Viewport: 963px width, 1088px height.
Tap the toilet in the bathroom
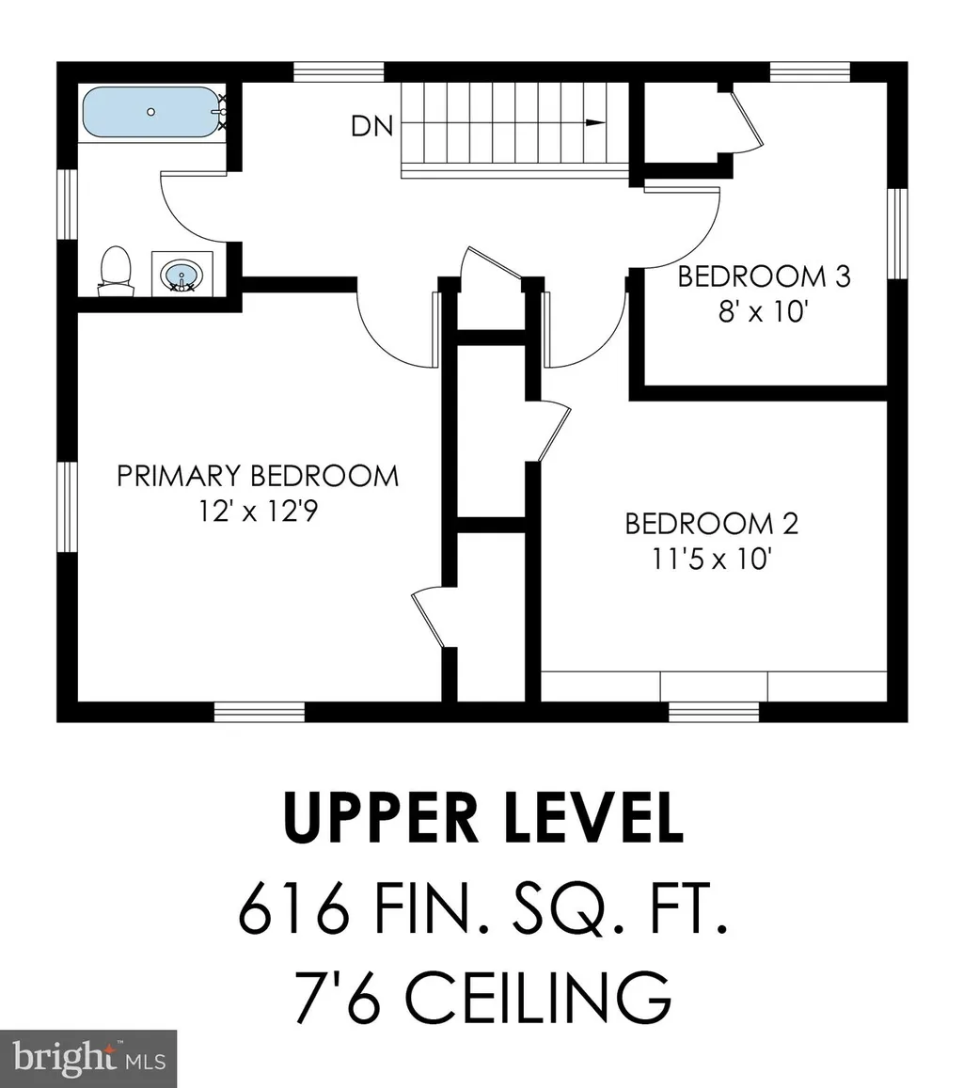(x=116, y=272)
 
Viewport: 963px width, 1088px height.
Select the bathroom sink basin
(x=182, y=276)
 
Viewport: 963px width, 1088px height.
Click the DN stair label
(x=371, y=126)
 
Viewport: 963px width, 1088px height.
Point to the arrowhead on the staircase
(x=595, y=123)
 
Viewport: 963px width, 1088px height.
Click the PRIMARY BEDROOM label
(x=258, y=476)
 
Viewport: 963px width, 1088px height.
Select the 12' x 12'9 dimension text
(x=258, y=512)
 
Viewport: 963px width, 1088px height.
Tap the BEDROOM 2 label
(x=712, y=524)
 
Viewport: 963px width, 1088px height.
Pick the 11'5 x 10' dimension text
(x=712, y=560)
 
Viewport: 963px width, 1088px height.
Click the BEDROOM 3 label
(x=764, y=276)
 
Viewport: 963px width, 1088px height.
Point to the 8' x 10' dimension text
(x=764, y=311)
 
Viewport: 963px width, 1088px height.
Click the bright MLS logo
(x=88, y=1059)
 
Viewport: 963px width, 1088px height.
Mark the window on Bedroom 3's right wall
(x=898, y=234)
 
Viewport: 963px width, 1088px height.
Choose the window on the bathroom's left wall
(x=67, y=204)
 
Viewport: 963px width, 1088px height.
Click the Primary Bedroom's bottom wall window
(x=260, y=712)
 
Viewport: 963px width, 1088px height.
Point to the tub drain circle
(x=151, y=112)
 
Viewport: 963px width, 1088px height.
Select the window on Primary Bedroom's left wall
(x=67, y=507)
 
